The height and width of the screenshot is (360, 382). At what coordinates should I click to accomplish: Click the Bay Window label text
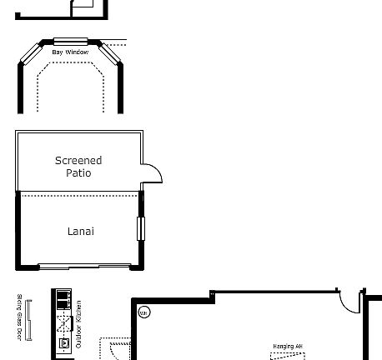click(x=70, y=52)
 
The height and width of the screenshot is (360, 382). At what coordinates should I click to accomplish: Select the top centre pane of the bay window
click(x=70, y=40)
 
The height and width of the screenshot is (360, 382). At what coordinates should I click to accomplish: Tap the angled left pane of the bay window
click(x=30, y=52)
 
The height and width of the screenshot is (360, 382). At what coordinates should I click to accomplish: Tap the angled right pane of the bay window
click(x=110, y=52)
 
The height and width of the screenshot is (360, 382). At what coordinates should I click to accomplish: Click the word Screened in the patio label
click(x=78, y=160)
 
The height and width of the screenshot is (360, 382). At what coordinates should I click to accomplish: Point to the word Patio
click(x=78, y=173)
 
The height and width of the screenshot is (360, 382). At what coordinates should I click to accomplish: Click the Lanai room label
click(x=80, y=231)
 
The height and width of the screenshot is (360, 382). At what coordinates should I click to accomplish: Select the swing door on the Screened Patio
click(x=151, y=173)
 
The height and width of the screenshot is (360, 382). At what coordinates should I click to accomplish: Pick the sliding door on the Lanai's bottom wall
click(x=83, y=267)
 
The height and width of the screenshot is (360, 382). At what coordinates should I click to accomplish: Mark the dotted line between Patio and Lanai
click(x=79, y=194)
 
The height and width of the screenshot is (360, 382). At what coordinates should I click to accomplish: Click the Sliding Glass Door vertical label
click(x=18, y=317)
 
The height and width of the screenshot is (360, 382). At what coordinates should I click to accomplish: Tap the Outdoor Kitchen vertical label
click(x=79, y=323)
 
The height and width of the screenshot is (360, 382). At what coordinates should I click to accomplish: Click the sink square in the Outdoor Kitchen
click(x=63, y=342)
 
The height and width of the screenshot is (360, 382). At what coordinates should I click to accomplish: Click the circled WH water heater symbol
click(x=143, y=313)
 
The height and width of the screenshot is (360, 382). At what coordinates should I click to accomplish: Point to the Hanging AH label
click(x=287, y=346)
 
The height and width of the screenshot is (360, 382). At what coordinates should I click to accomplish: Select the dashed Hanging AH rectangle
click(x=287, y=356)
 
